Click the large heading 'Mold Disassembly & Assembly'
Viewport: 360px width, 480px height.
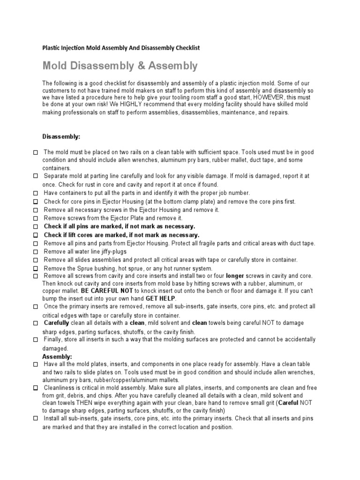click(120, 66)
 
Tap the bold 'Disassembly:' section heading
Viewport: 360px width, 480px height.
click(61, 137)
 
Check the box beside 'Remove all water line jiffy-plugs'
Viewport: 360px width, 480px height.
click(36, 252)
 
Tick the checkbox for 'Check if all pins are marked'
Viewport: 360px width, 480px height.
click(36, 226)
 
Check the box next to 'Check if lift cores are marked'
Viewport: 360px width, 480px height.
click(36, 235)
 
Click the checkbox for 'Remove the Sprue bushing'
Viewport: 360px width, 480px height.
click(36, 269)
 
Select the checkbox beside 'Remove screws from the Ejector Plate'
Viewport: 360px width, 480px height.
click(36, 218)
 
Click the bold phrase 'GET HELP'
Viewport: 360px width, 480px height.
click(161, 298)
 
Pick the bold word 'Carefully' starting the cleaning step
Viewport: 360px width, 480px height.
click(56, 323)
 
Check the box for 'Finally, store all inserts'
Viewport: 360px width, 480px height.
click(36, 340)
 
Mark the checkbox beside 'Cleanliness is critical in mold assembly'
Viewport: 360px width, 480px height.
click(36, 389)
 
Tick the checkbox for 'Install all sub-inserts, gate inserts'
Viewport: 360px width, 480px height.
click(36, 419)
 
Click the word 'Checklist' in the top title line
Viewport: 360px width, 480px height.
click(187, 48)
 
